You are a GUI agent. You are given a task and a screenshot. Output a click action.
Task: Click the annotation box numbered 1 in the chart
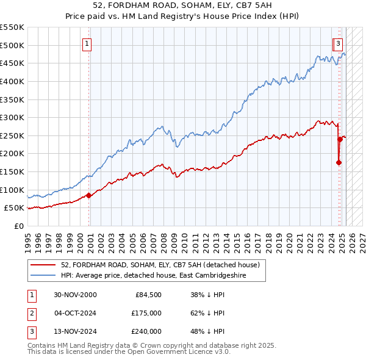88,43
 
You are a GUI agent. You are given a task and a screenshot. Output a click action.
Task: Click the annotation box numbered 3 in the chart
338,43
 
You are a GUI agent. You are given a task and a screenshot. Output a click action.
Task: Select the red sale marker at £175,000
339,162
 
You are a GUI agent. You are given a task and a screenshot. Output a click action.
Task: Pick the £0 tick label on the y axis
18,226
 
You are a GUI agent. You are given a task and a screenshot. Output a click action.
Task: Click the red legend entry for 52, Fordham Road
160,265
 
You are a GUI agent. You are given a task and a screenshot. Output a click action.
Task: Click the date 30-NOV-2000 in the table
75,295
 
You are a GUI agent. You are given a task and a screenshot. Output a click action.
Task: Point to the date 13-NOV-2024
75,331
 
